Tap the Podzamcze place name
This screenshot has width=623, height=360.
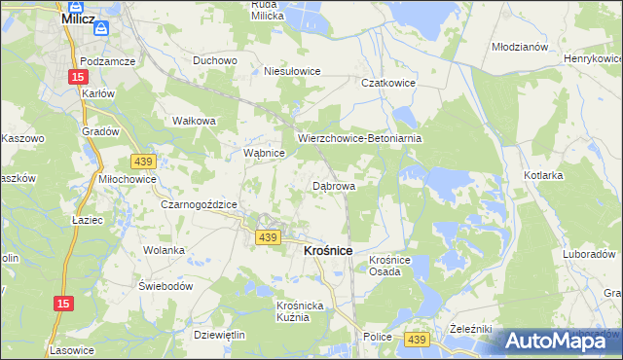(108, 60)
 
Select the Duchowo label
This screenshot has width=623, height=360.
(215, 60)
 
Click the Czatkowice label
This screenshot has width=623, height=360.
(389, 84)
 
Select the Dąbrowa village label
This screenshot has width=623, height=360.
(333, 185)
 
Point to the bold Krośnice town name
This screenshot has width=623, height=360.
(321, 250)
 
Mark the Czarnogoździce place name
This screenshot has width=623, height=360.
(200, 204)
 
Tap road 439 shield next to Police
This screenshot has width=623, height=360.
(417, 338)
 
